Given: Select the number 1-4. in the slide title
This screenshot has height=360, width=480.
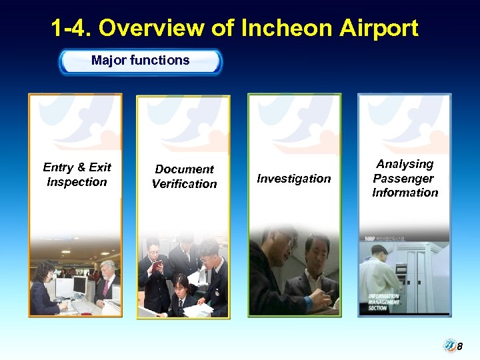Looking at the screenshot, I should pyautogui.click(x=71, y=28).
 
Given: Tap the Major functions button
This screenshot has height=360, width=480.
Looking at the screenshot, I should pyautogui.click(x=140, y=61).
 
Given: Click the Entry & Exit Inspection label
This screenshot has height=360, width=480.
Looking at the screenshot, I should pyautogui.click(x=77, y=175).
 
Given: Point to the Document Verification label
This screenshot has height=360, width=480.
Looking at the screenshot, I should pyautogui.click(x=184, y=177).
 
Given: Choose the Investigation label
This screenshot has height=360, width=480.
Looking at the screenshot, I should pyautogui.click(x=294, y=179).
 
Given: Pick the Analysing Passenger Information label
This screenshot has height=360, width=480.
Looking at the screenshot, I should pyautogui.click(x=405, y=178).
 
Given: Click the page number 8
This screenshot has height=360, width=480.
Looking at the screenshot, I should pyautogui.click(x=459, y=347).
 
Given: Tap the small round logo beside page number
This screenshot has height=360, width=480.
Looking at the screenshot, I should pyautogui.click(x=449, y=346).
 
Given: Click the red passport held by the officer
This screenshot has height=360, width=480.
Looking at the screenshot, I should pyautogui.click(x=157, y=267).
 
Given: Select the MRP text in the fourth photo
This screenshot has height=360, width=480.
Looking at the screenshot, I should pyautogui.click(x=369, y=237).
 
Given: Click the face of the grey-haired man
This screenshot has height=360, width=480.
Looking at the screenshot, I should pyautogui.click(x=107, y=269).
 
